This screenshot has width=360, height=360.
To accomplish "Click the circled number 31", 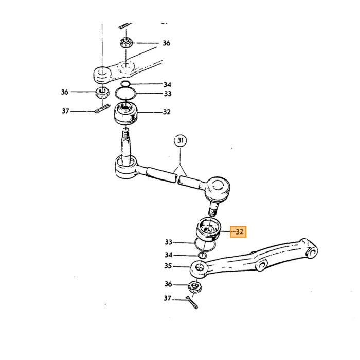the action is [181, 140].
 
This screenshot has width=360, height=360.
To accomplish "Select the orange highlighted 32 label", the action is [238, 231].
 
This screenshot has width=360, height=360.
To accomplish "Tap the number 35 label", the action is [168, 266].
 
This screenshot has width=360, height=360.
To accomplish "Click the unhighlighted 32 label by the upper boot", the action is [167, 112].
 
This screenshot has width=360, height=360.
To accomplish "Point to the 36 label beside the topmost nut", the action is [167, 43].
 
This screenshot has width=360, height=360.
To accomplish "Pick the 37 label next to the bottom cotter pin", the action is [168, 298].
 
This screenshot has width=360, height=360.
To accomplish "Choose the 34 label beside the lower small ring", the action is [169, 255].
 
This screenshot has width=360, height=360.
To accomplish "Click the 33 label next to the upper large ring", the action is [168, 94].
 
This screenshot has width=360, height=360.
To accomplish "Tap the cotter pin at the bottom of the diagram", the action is [192, 302].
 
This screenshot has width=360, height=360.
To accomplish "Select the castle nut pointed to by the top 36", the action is [126, 42].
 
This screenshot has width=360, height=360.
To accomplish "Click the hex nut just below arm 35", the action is [195, 287].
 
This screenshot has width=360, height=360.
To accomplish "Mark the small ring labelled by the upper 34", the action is [125, 84].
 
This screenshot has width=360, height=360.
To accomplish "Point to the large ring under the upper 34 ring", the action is [125, 94].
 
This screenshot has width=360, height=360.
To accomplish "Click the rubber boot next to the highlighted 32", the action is [208, 229].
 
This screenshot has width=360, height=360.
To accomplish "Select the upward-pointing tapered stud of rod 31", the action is [125, 147].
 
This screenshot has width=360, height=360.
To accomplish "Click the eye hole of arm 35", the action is [200, 268].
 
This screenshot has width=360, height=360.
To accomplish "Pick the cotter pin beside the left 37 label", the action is [102, 108].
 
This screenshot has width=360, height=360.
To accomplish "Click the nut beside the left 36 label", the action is [102, 93].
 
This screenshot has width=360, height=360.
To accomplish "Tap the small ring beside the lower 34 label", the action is [202, 255].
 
